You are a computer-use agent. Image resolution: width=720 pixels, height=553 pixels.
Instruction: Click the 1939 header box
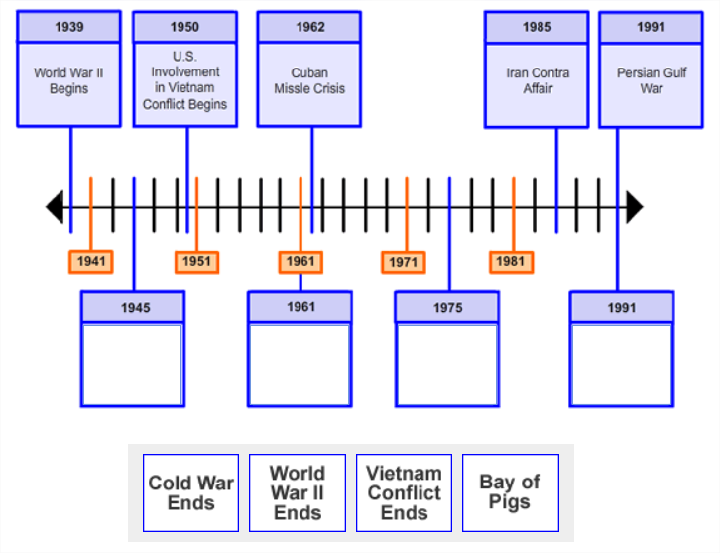[68, 27]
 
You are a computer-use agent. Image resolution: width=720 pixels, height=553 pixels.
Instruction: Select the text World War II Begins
[68, 80]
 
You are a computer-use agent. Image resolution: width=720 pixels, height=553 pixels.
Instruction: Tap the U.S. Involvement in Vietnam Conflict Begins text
[184, 80]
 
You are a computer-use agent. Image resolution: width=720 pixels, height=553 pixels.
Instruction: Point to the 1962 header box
[309, 27]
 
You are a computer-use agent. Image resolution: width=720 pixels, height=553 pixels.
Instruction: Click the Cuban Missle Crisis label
[309, 80]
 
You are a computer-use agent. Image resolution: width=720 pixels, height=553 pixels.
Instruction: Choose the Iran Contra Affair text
[537, 80]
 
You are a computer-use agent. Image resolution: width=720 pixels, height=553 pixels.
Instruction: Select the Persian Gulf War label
[651, 80]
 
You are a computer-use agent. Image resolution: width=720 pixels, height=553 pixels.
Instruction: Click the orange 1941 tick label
[90, 262]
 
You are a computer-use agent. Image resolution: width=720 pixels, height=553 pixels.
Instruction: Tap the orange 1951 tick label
[196, 262]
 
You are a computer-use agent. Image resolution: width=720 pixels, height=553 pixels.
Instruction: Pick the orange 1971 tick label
[404, 262]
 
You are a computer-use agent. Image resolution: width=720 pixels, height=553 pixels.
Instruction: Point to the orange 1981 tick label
[511, 262]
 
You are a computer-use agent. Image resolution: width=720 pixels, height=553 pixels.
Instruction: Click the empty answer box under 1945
[132, 363]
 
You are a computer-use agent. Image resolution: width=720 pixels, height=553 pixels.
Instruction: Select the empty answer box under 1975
[446, 363]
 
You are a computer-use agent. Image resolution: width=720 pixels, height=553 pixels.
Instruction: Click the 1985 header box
[537, 27]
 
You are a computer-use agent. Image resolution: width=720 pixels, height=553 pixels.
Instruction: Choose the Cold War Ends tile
[190, 493]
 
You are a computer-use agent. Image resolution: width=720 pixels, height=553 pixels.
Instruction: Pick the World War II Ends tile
[298, 493]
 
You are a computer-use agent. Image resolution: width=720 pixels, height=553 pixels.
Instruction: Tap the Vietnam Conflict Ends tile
[404, 493]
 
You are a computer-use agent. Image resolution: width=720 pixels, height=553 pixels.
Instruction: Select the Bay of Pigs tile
[510, 493]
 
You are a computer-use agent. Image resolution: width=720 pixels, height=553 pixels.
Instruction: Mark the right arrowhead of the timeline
[634, 207]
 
